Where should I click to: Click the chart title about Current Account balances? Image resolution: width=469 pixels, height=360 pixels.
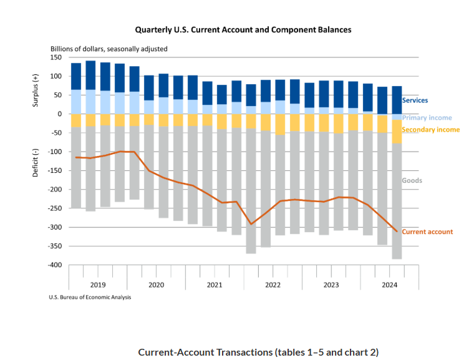point(243,29)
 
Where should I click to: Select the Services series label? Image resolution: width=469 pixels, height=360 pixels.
point(415,100)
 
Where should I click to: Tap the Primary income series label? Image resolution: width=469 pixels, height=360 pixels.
point(427,117)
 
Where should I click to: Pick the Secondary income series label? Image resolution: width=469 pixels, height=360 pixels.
point(430,130)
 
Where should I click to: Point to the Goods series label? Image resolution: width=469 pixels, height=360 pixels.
point(412,180)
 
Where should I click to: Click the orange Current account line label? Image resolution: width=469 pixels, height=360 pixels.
point(427,231)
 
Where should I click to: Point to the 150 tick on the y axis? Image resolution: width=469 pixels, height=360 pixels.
point(55,57)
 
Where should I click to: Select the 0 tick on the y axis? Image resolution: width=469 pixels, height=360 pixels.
point(60,114)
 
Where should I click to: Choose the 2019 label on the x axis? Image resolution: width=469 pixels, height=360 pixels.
point(98,285)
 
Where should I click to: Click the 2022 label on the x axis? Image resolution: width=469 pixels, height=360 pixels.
point(273,285)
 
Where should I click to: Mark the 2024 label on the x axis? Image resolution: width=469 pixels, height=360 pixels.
point(390,285)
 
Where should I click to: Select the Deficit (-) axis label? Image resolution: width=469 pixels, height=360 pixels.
point(36,163)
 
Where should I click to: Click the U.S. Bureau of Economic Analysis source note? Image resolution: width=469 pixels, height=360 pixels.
point(90,297)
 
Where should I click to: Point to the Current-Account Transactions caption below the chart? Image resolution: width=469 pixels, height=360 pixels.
point(258,352)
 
